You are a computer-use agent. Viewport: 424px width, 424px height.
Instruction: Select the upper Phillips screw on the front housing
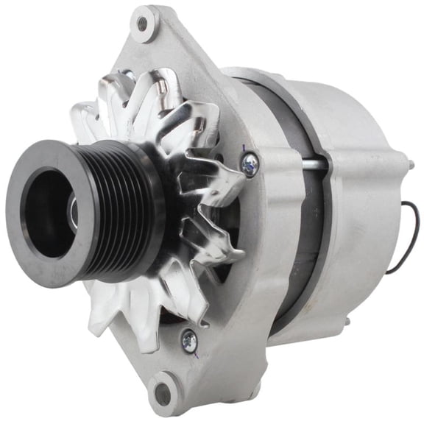[250, 163]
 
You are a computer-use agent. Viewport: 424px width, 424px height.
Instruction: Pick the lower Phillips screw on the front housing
[190, 339]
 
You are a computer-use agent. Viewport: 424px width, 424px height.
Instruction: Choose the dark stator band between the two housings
[317, 221]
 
